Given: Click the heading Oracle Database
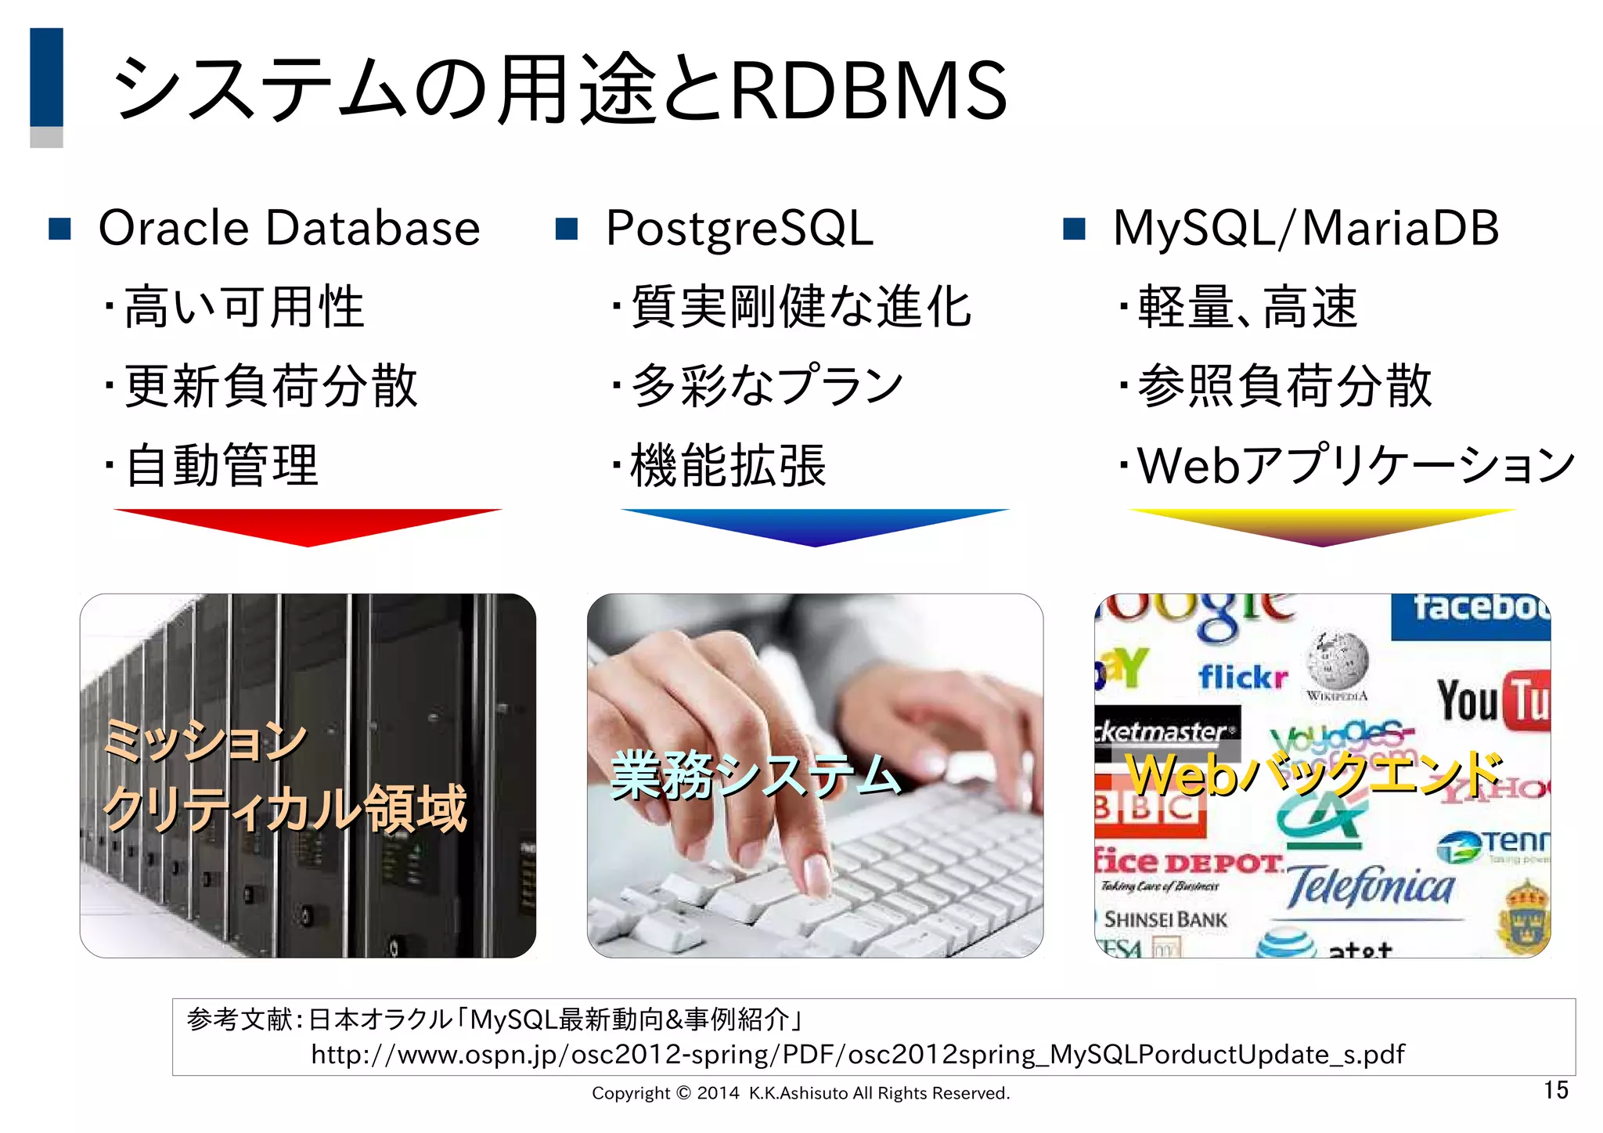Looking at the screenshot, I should pyautogui.click(x=289, y=229).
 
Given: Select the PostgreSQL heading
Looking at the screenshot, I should pyautogui.click(x=739, y=229).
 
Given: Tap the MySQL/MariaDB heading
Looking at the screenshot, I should pyautogui.click(x=1306, y=229).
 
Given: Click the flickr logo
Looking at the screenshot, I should pyautogui.click(x=1242, y=676).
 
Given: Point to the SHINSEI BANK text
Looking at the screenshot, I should pyautogui.click(x=1165, y=919).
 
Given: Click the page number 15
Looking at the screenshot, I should pyautogui.click(x=1555, y=1090).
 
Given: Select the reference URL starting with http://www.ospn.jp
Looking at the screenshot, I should pyautogui.click(x=857, y=1055).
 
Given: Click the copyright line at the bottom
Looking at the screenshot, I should pyautogui.click(x=801, y=1093).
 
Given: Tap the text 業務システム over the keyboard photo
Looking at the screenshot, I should pyautogui.click(x=755, y=775).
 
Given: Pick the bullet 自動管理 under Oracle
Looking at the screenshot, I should pyautogui.click(x=222, y=465).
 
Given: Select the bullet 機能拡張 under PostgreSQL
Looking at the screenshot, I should pyautogui.click(x=728, y=465).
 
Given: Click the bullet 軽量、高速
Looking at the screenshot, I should pyautogui.click(x=1248, y=306).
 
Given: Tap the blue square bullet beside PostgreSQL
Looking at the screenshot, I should pyautogui.click(x=566, y=229).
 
